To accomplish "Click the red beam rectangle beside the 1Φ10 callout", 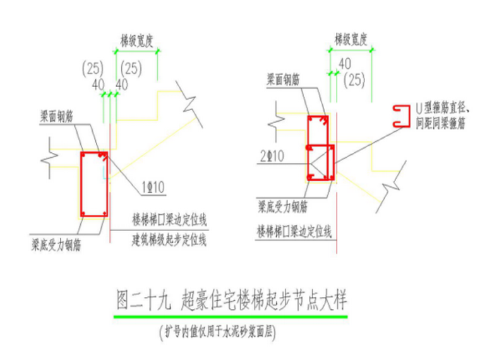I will [x=93, y=184].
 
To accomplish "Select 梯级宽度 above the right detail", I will [x=351, y=37].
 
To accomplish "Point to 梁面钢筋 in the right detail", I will [x=283, y=79].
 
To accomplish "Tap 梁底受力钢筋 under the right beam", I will [x=282, y=207].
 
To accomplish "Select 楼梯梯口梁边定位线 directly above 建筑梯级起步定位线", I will [x=170, y=220].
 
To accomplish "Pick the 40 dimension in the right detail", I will [x=344, y=63].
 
